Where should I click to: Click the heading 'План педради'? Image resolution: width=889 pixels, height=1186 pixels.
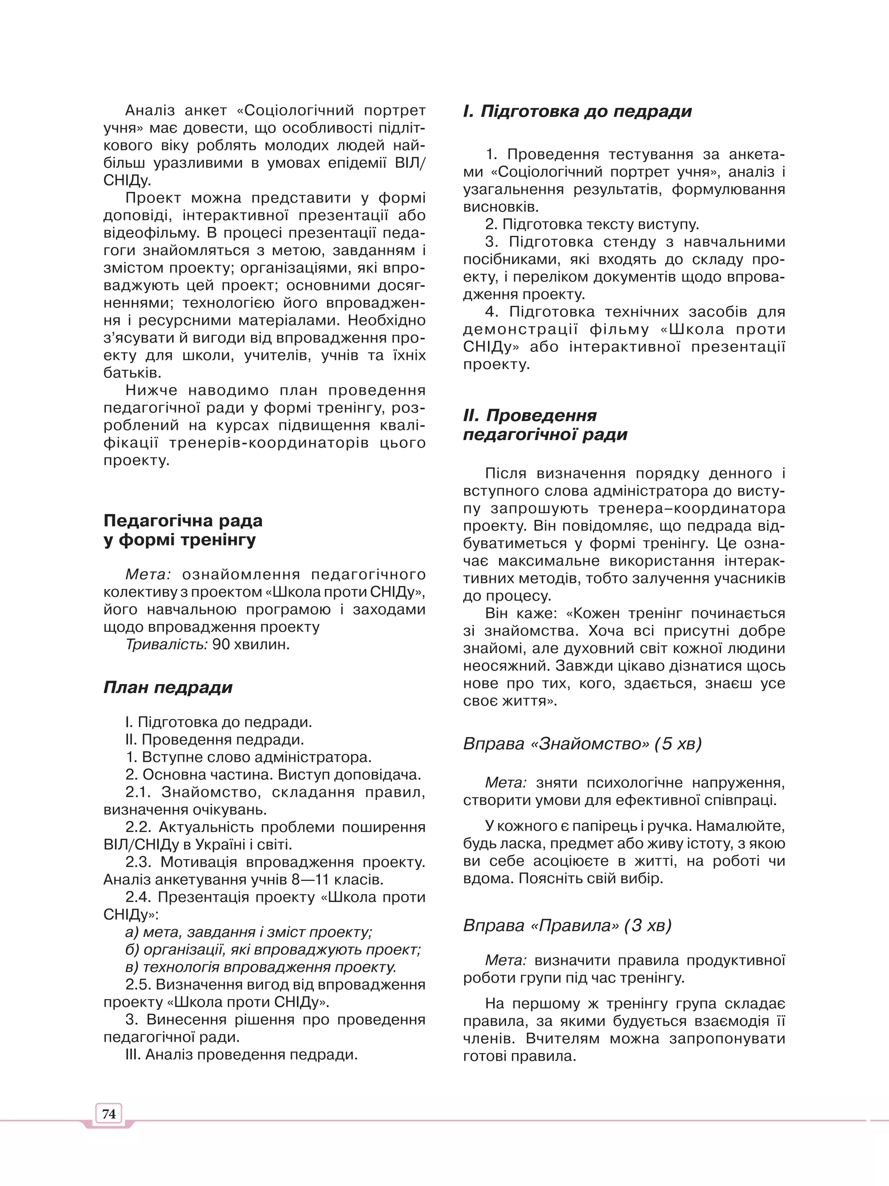[168, 688]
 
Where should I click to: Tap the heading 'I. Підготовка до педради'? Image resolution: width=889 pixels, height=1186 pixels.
[577, 111]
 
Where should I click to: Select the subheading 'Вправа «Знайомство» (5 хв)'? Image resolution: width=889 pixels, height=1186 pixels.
[582, 744]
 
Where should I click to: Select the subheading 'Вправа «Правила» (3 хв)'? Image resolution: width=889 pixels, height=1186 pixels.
[567, 925]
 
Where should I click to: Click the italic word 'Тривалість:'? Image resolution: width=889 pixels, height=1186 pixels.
[166, 645]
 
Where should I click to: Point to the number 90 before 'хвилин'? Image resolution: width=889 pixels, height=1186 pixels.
[221, 645]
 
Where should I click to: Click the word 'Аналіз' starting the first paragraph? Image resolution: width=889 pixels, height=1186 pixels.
[150, 111]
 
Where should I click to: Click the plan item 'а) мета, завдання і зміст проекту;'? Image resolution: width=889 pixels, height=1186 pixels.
[248, 932]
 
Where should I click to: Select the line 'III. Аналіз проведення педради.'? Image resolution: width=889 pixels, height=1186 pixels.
[241, 1055]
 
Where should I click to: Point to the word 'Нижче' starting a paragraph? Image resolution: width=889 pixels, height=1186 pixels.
[151, 390]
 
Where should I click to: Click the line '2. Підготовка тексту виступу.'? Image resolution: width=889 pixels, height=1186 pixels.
[592, 224]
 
